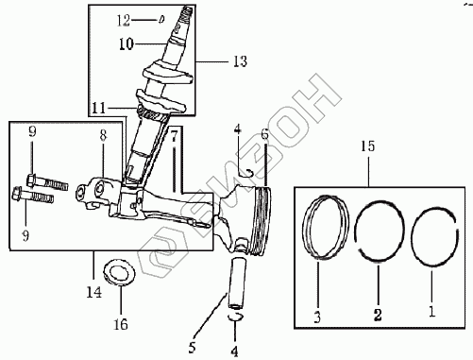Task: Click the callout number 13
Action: (x=240, y=61)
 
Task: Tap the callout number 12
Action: (x=124, y=21)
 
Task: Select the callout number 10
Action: (x=127, y=44)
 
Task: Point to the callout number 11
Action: (x=98, y=109)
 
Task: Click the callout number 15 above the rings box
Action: (x=368, y=146)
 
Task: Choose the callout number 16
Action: (x=121, y=324)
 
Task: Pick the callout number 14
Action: (x=94, y=293)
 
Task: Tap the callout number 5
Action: (x=192, y=348)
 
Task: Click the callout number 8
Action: (x=103, y=135)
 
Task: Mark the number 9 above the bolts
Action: (x=32, y=132)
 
